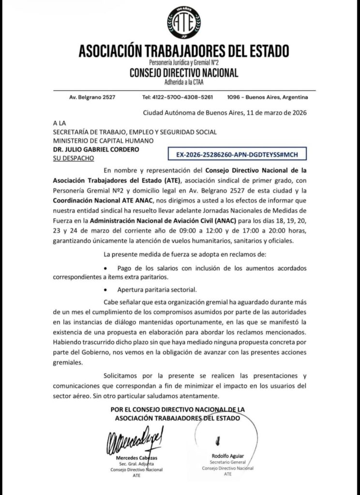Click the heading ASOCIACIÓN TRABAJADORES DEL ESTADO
[x=184, y=50]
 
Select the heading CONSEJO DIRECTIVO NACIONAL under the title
[x=184, y=73]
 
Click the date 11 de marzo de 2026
[x=277, y=113]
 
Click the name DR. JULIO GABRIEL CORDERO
[x=96, y=149]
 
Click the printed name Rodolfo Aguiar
[x=228, y=456]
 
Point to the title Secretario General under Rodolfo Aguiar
[x=227, y=463]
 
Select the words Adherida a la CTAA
[x=184, y=82]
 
